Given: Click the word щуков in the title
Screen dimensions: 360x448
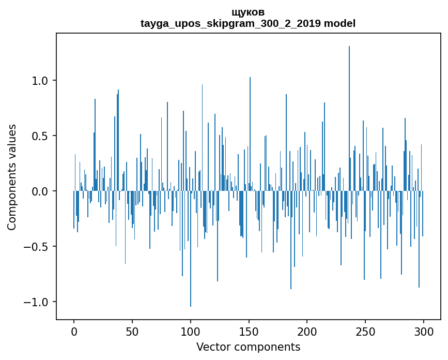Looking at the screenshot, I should (248, 12).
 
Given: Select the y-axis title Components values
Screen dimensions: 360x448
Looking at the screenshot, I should (12, 177).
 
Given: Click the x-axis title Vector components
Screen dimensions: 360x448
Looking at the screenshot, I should (248, 347).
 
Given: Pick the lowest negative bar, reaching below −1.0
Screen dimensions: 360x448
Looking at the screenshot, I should (191, 248).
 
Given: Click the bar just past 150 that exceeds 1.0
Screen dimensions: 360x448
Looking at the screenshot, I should (250, 134).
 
